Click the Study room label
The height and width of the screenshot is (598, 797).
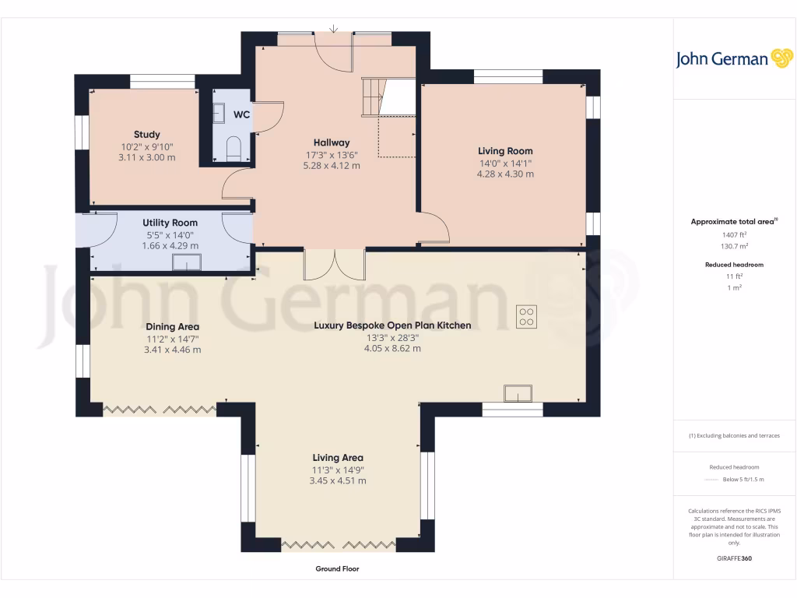(x=146, y=135)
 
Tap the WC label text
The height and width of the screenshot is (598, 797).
(x=241, y=114)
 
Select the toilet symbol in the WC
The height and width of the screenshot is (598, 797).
(x=233, y=147)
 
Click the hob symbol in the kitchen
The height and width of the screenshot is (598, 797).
(x=526, y=315)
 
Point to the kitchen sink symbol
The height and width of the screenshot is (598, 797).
(x=516, y=393)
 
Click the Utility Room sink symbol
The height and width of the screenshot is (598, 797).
(x=187, y=264)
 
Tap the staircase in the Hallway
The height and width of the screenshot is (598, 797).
(x=387, y=97)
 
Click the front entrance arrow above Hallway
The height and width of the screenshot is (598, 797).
(x=333, y=30)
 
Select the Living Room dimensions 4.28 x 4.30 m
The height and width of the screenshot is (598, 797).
(x=505, y=174)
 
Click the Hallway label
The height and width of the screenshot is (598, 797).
(x=332, y=142)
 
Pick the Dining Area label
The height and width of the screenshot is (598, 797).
(x=172, y=326)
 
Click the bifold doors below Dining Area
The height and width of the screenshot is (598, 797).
(x=160, y=408)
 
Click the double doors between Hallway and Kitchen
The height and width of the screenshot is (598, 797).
(x=335, y=264)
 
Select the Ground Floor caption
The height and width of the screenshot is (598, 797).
(x=337, y=569)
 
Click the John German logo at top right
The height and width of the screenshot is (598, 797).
(x=733, y=59)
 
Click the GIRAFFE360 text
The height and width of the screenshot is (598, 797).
(x=733, y=558)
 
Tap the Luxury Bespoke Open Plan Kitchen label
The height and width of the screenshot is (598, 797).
(x=392, y=325)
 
